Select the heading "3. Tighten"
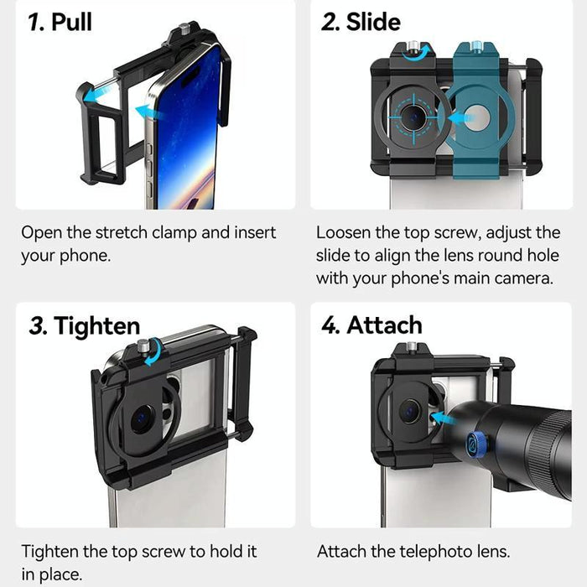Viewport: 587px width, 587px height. pos(84,325)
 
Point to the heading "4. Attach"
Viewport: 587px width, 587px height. pos(371,325)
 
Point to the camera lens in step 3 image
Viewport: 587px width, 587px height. pos(141,418)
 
